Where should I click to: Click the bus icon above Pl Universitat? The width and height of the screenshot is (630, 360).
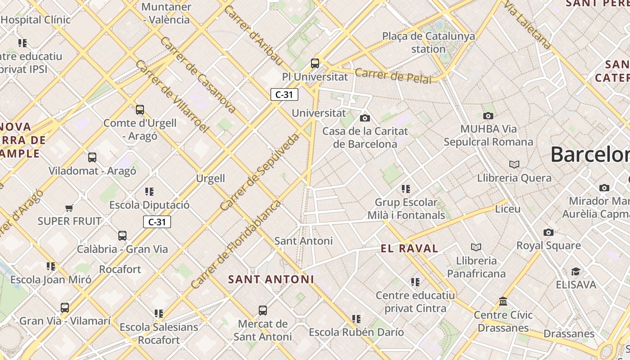(x=315, y=63)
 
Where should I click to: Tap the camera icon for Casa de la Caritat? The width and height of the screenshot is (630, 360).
(x=365, y=118)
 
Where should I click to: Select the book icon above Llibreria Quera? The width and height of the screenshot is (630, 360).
(x=514, y=165)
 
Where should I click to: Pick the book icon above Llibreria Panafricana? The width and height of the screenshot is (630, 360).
(x=476, y=247)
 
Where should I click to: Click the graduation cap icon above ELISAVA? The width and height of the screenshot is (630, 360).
(x=576, y=271)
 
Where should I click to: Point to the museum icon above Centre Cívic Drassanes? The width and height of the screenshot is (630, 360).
(x=503, y=301)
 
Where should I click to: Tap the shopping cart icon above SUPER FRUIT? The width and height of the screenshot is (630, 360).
(x=69, y=208)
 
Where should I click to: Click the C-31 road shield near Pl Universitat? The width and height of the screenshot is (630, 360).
(x=284, y=94)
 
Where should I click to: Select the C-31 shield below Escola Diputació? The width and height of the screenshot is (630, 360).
(x=157, y=222)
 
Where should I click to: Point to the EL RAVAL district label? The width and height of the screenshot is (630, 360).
(x=409, y=248)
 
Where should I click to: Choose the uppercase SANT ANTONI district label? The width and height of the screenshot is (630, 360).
(x=271, y=279)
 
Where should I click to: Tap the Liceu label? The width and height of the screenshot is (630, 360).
(x=508, y=209)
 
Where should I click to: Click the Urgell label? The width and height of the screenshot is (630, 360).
(x=210, y=178)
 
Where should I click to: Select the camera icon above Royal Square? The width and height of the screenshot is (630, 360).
(x=548, y=232)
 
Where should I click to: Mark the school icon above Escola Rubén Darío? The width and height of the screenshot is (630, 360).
(x=356, y=319)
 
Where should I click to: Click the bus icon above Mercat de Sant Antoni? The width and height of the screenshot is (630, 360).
(x=263, y=310)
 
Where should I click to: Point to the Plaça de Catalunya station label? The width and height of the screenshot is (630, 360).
(x=428, y=42)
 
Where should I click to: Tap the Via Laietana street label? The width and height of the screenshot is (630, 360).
(x=527, y=25)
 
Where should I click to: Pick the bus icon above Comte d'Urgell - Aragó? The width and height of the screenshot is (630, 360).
(x=140, y=110)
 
